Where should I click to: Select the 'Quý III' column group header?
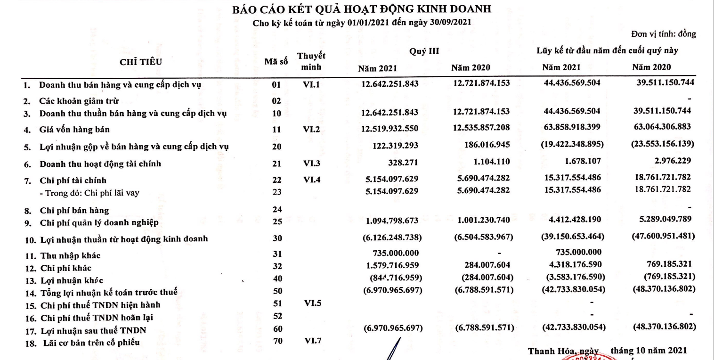pos(424,51)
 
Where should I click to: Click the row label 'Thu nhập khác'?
pos(70,256)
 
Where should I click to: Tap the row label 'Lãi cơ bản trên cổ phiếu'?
pos(89,342)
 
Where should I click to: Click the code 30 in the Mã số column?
pos(277,239)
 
